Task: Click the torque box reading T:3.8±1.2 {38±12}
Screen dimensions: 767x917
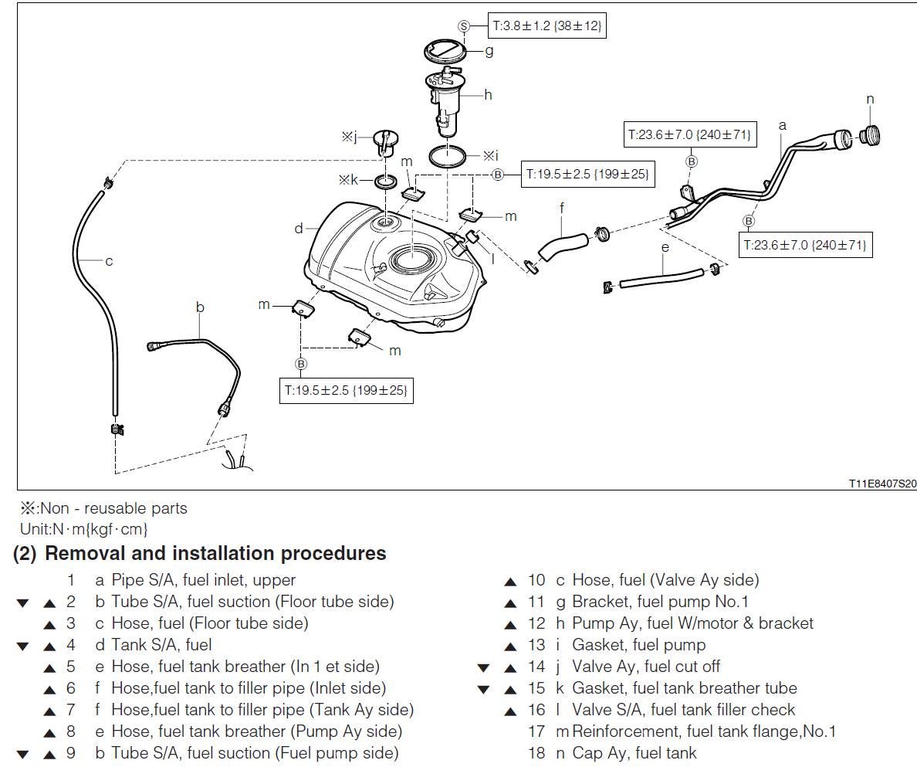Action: click(546, 25)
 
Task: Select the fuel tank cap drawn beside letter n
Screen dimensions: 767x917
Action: click(870, 134)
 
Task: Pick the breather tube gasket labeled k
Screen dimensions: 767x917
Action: click(385, 182)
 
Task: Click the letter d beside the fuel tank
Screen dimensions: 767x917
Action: click(298, 228)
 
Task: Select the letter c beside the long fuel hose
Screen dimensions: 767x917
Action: click(109, 261)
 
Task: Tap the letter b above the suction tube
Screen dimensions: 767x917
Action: click(200, 307)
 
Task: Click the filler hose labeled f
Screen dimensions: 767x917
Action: click(563, 239)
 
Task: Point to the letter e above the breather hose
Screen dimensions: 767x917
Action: click(665, 247)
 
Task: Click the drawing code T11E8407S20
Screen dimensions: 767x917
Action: click(882, 484)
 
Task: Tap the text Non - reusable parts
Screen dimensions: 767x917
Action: click(113, 508)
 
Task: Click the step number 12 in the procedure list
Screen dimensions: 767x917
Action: click(536, 623)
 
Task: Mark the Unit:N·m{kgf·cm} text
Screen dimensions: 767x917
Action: click(83, 529)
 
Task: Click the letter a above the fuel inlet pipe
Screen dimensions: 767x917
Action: click(782, 125)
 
